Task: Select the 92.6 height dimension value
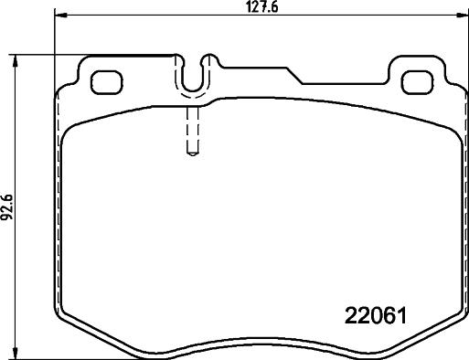click(8, 206)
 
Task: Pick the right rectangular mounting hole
click(418, 81)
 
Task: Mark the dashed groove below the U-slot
click(193, 132)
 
